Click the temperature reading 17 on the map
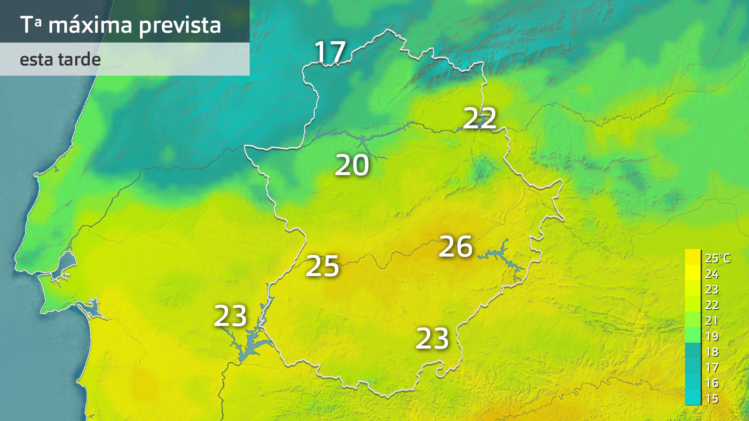(330, 52)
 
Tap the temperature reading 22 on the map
(480, 118)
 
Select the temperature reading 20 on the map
(352, 165)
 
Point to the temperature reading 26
(456, 246)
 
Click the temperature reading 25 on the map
(322, 266)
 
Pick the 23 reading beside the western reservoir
(230, 316)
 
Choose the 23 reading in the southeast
(432, 338)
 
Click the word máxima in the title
(90, 25)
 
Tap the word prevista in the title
(180, 26)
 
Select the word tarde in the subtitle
(79, 60)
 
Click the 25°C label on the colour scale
(717, 258)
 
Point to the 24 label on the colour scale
(712, 274)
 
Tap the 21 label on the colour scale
(712, 321)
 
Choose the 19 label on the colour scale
(712, 336)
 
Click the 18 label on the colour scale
(712, 352)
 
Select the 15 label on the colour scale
(712, 399)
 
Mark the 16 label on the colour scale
(712, 383)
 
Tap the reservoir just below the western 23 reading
(250, 347)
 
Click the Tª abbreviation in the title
(30, 25)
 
